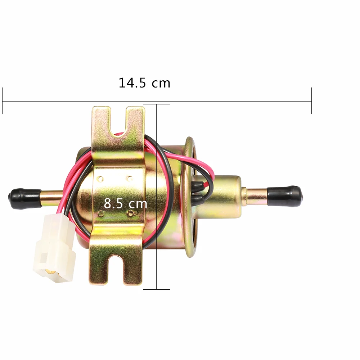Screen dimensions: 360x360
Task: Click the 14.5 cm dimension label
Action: point(144,83)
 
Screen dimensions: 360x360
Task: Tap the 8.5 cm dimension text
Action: point(126,204)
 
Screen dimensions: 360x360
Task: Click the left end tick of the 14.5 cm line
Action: point(2,101)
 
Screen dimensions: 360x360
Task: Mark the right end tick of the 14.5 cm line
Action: point(311,101)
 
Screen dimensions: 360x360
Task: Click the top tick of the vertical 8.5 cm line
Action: point(157,104)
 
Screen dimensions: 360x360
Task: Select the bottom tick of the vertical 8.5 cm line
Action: point(157,289)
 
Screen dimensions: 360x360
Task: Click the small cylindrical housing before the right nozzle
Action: point(227,196)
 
